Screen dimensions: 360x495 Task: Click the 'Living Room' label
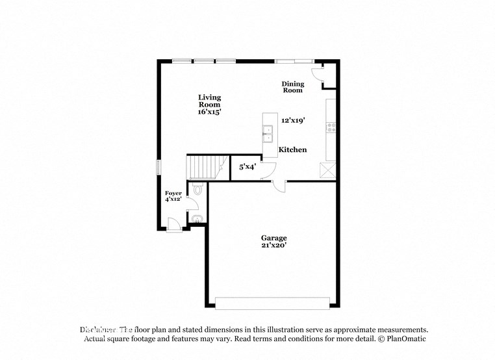210,101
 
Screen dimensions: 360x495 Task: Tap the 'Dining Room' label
292,87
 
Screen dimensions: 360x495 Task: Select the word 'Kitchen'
292,150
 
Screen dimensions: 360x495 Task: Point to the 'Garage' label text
274,238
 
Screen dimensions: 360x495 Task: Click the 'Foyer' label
173,193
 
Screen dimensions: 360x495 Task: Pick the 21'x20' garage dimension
274,246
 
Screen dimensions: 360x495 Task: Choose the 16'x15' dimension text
210,112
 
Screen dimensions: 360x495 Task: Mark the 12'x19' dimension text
293,120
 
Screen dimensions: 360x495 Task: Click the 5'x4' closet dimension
247,167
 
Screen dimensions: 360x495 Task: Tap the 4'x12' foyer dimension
173,199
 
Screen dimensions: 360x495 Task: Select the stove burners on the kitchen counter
331,127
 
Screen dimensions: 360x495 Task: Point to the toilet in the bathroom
197,190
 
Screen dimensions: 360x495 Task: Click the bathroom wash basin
197,219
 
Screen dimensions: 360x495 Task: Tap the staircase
205,168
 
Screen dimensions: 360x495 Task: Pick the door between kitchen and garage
279,186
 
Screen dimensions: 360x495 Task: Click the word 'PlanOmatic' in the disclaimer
405,339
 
